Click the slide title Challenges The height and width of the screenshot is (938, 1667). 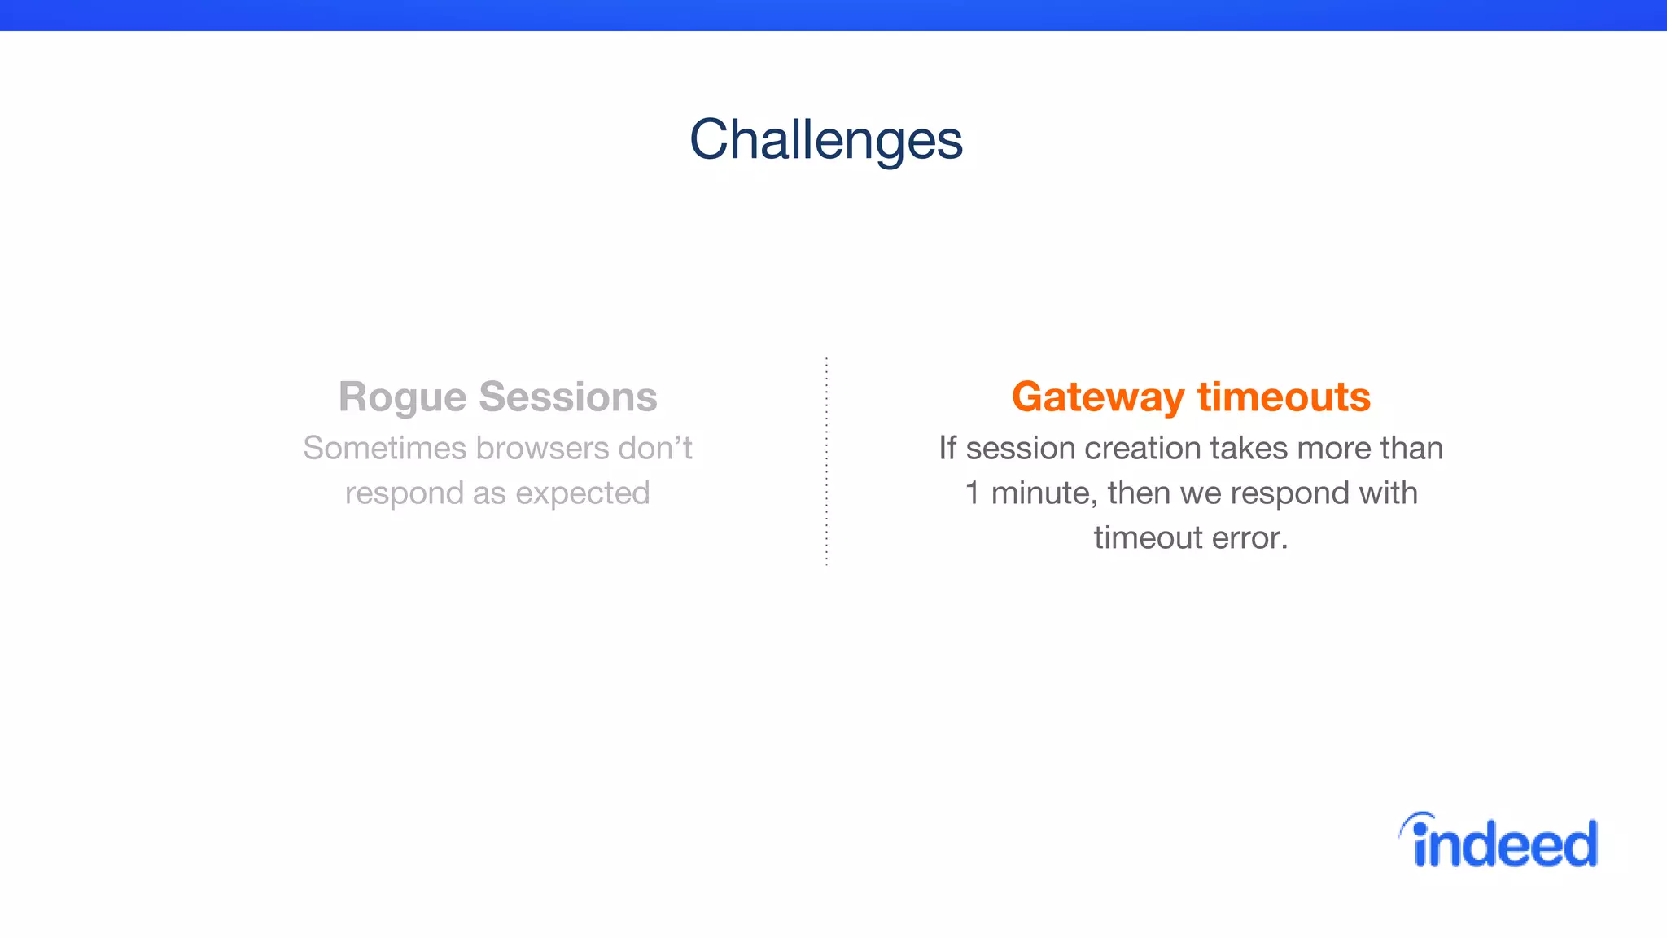pos(825,139)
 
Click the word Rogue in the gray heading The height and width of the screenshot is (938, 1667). pos(402,398)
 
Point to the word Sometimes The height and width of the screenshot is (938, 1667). pos(384,449)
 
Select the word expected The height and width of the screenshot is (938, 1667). pos(582,494)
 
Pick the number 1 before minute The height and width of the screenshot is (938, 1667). pos(972,493)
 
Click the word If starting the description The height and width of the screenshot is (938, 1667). pos(947,449)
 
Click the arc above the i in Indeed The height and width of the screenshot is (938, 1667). pos(1415,818)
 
